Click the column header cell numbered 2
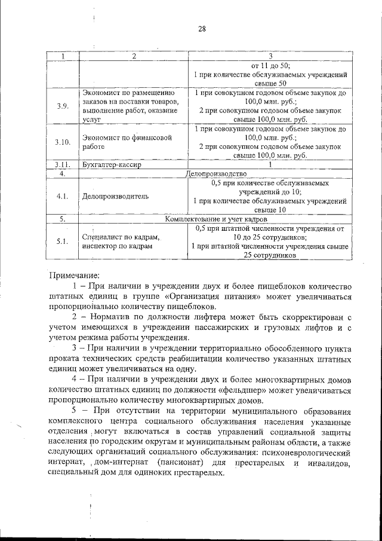coord(134,57)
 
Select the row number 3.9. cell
coord(63,106)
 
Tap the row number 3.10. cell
coord(63,142)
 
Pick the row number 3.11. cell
coord(63,165)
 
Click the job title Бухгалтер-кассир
coord(112,165)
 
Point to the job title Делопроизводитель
coord(115,195)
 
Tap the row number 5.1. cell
coord(63,241)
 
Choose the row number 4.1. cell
coord(63,195)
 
